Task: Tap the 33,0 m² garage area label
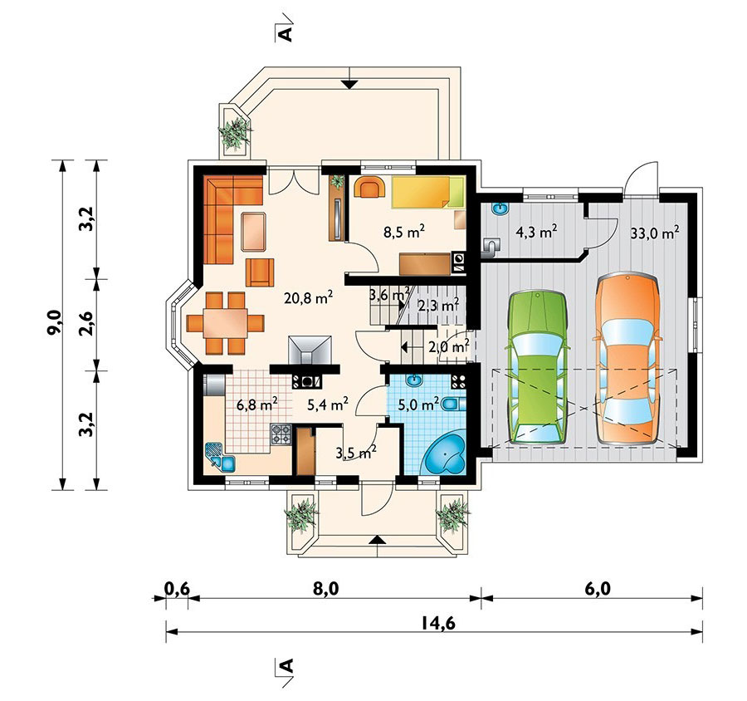click(x=654, y=233)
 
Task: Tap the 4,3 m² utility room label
click(x=536, y=233)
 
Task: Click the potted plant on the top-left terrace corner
click(x=235, y=131)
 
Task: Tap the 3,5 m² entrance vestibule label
click(x=355, y=453)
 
